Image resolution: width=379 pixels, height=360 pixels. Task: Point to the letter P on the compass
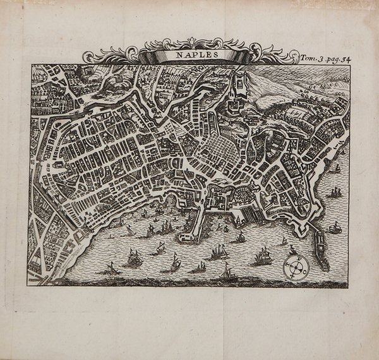pyautogui.click(x=294, y=256)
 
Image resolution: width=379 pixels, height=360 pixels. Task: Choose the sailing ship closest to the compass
pyautogui.click(x=262, y=256)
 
